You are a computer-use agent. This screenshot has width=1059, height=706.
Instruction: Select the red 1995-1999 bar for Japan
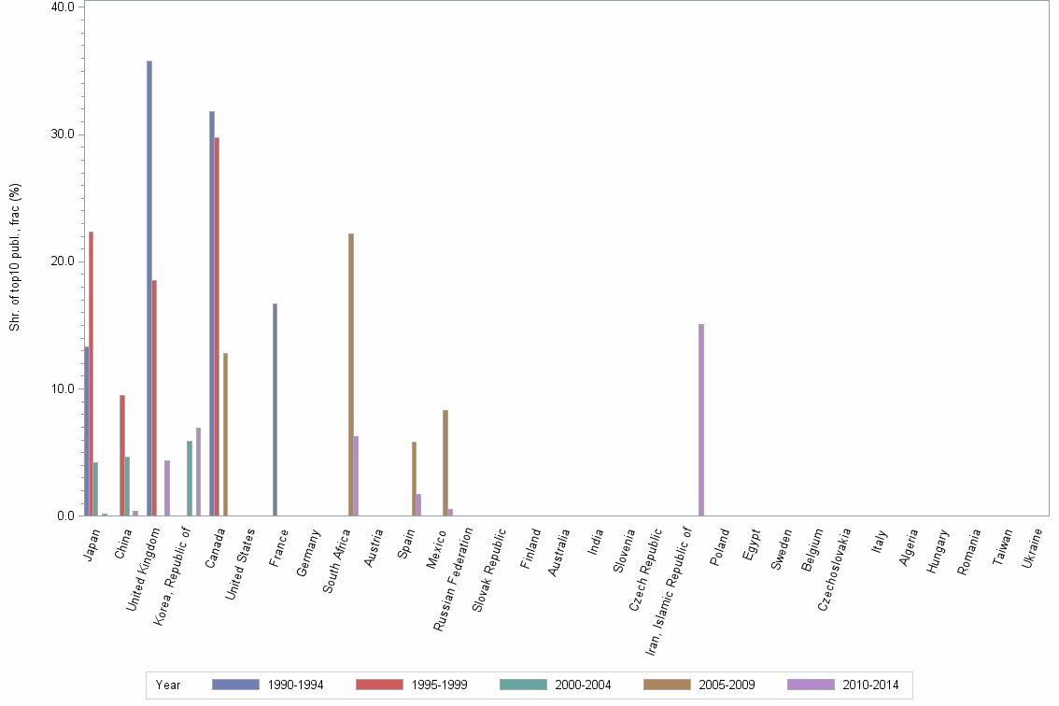pyautogui.click(x=92, y=374)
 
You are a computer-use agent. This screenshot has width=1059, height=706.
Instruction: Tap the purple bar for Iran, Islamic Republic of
pyautogui.click(x=701, y=419)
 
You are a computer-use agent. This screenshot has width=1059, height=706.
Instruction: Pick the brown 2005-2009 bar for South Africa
pyautogui.click(x=351, y=374)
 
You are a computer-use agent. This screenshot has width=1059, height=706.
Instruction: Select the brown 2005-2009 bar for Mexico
pyautogui.click(x=445, y=462)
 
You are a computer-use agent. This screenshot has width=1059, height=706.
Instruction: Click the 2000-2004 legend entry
pyautogui.click(x=557, y=685)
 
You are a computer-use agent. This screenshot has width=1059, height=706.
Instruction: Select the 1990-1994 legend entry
pyautogui.click(x=269, y=685)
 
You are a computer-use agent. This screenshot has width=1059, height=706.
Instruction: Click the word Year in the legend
pyautogui.click(x=169, y=685)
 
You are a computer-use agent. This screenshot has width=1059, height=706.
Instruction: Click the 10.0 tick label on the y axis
pyautogui.click(x=63, y=388)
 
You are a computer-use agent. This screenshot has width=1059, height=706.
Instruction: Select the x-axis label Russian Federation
pyautogui.click(x=454, y=565)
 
